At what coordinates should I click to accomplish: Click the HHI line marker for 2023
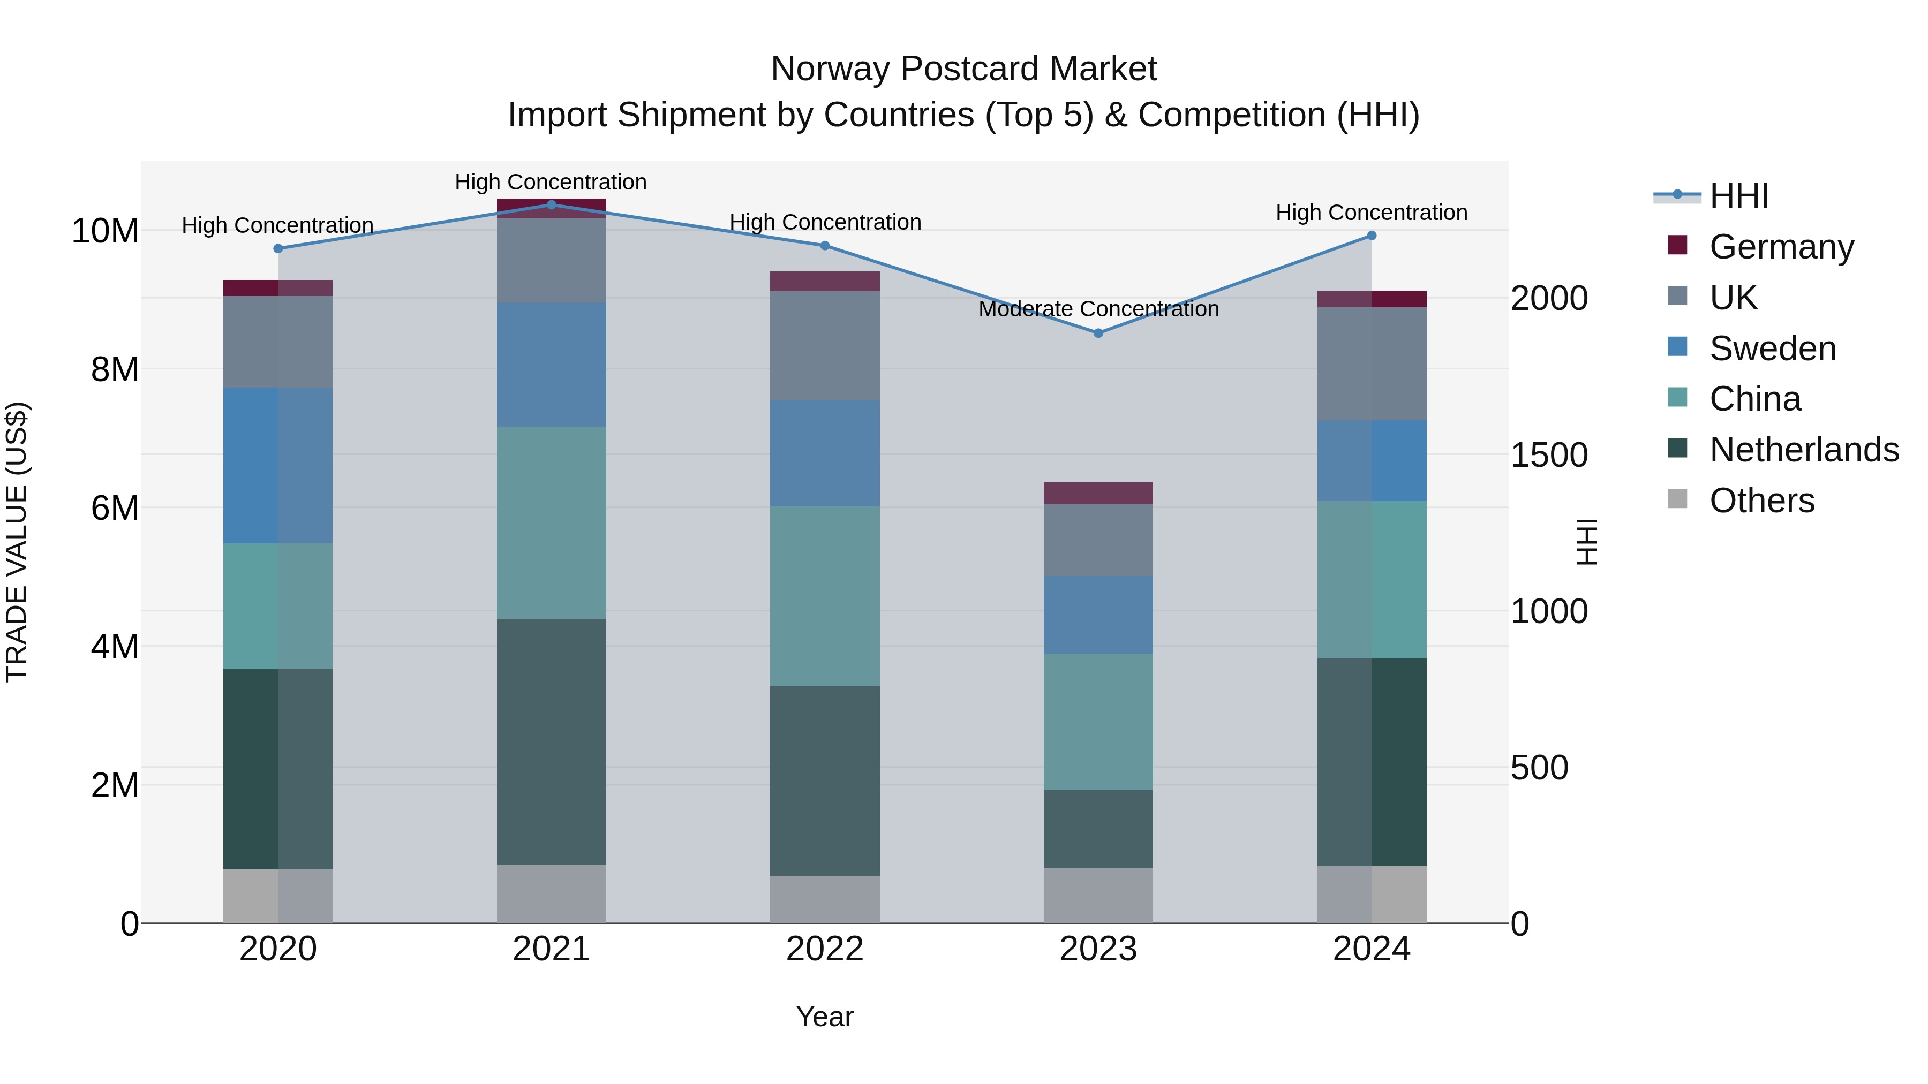(x=1098, y=333)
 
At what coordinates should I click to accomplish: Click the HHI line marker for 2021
(x=552, y=204)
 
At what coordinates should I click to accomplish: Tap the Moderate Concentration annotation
(x=1098, y=309)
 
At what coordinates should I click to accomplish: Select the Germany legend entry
(x=1781, y=247)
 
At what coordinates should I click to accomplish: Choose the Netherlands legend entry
(x=1804, y=450)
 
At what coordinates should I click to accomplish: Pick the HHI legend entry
(x=1738, y=196)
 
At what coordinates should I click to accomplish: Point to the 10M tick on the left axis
(x=105, y=230)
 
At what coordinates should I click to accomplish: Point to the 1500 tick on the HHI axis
(x=1548, y=455)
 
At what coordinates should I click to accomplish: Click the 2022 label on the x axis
(x=825, y=949)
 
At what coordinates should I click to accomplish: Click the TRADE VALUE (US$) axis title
(x=17, y=542)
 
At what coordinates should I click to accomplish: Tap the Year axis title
(x=825, y=1017)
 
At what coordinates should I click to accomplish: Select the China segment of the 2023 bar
(x=1098, y=722)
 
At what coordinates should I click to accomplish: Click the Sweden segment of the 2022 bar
(x=825, y=453)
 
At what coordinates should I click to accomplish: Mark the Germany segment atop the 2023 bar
(x=1098, y=493)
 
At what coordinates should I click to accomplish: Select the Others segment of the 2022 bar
(x=825, y=899)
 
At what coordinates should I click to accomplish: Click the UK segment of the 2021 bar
(x=552, y=260)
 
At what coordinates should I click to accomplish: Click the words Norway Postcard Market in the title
(x=963, y=69)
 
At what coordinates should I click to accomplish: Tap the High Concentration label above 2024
(x=1371, y=213)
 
